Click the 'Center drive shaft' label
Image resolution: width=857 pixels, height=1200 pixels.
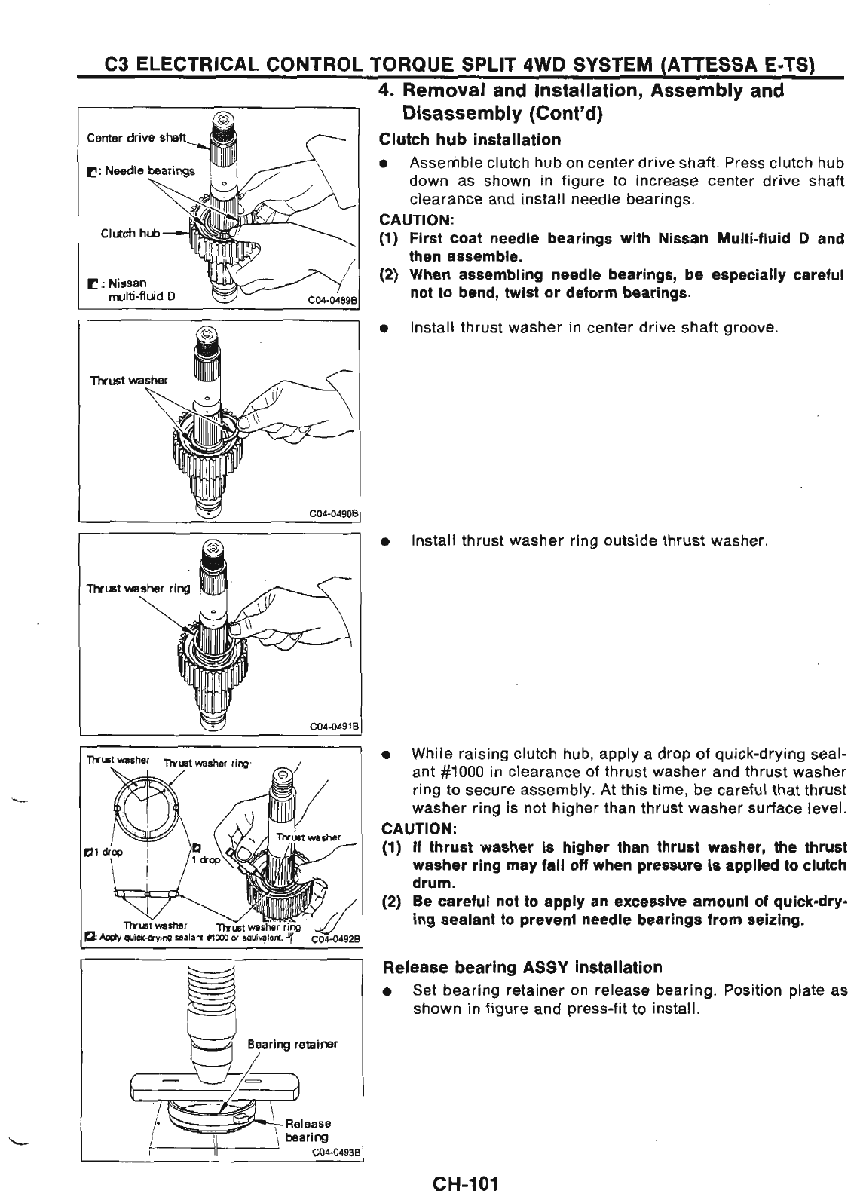(x=136, y=137)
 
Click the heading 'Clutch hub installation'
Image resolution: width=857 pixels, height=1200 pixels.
(x=470, y=140)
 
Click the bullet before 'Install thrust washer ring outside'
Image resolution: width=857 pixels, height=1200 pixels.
(x=385, y=542)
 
